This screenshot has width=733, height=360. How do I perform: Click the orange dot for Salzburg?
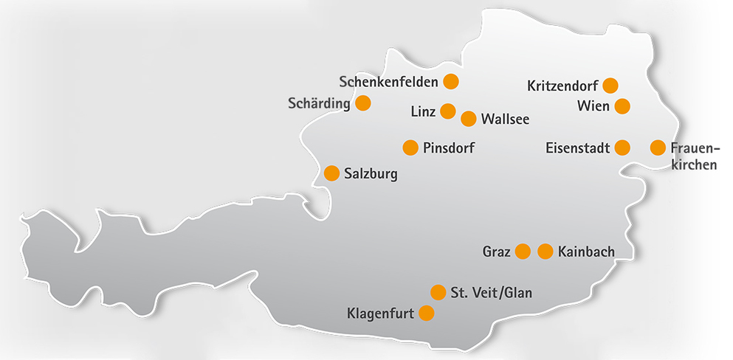pos(332,173)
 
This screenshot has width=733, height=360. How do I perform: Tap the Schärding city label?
pos(319,103)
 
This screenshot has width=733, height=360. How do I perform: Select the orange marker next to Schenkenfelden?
pos(450,80)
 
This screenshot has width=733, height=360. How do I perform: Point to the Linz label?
pos(422,111)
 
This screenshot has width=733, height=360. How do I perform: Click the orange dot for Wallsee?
pos(468,118)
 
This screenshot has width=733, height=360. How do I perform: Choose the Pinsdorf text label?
pos(449,148)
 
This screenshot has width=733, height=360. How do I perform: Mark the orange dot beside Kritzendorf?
pos(610,85)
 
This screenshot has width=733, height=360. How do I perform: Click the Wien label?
pos(593,106)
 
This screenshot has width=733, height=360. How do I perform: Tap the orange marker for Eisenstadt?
pos(622,148)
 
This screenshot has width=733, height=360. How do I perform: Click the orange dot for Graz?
pos(523,252)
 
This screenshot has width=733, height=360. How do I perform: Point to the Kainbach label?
pos(587,252)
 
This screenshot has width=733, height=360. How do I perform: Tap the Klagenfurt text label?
pos(380,314)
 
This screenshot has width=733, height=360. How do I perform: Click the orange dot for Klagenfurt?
pos(426,314)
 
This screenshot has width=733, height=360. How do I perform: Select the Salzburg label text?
pos(371,174)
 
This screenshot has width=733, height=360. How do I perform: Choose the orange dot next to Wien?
pos(622,106)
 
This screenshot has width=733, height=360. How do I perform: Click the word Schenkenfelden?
pos(389,80)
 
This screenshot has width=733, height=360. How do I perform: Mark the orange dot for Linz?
pos(448,111)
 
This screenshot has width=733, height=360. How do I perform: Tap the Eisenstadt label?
pos(577,148)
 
